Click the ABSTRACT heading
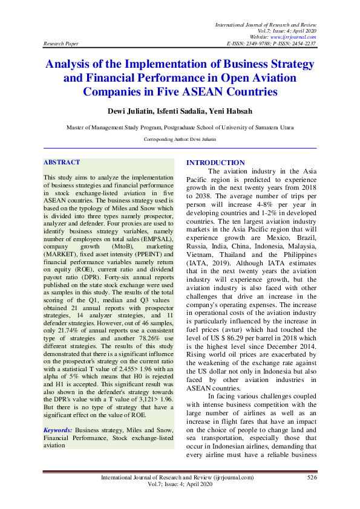coord(62,163)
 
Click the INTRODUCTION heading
coord(215,163)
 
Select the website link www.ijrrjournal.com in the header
coord(295,37)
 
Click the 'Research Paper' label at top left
coord(60,44)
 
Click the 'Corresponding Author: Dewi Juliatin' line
coord(180,138)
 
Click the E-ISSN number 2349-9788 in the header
coord(257,44)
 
